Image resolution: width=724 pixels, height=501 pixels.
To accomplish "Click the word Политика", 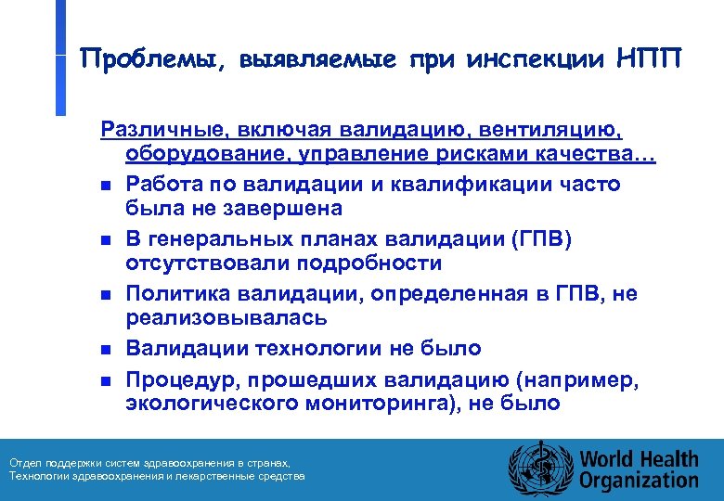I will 173,294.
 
